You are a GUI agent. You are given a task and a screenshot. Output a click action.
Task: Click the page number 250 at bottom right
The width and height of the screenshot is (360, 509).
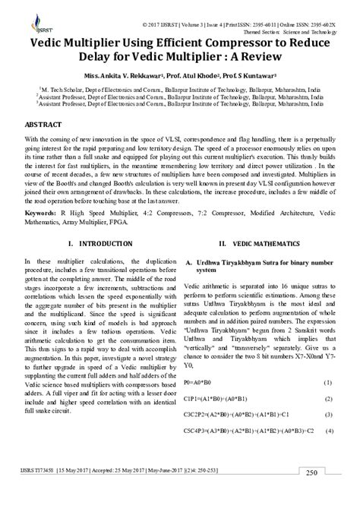[312, 494]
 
